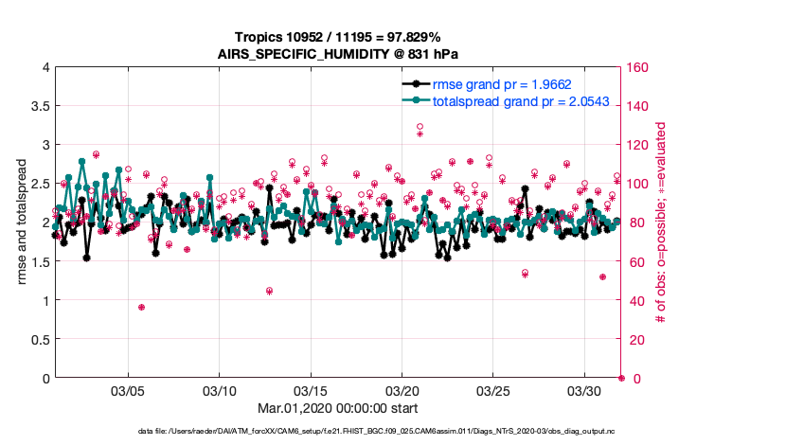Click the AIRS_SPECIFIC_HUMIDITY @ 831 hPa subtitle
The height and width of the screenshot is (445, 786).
tap(337, 55)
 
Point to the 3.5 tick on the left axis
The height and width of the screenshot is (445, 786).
tap(38, 106)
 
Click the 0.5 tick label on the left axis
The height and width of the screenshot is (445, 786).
tap(38, 339)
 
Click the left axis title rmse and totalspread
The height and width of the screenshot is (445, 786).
tap(23, 222)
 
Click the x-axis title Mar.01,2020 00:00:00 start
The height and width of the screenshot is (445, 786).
tap(337, 408)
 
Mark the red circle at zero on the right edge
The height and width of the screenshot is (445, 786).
tap(621, 378)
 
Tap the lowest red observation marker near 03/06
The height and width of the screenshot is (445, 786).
tap(141, 307)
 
